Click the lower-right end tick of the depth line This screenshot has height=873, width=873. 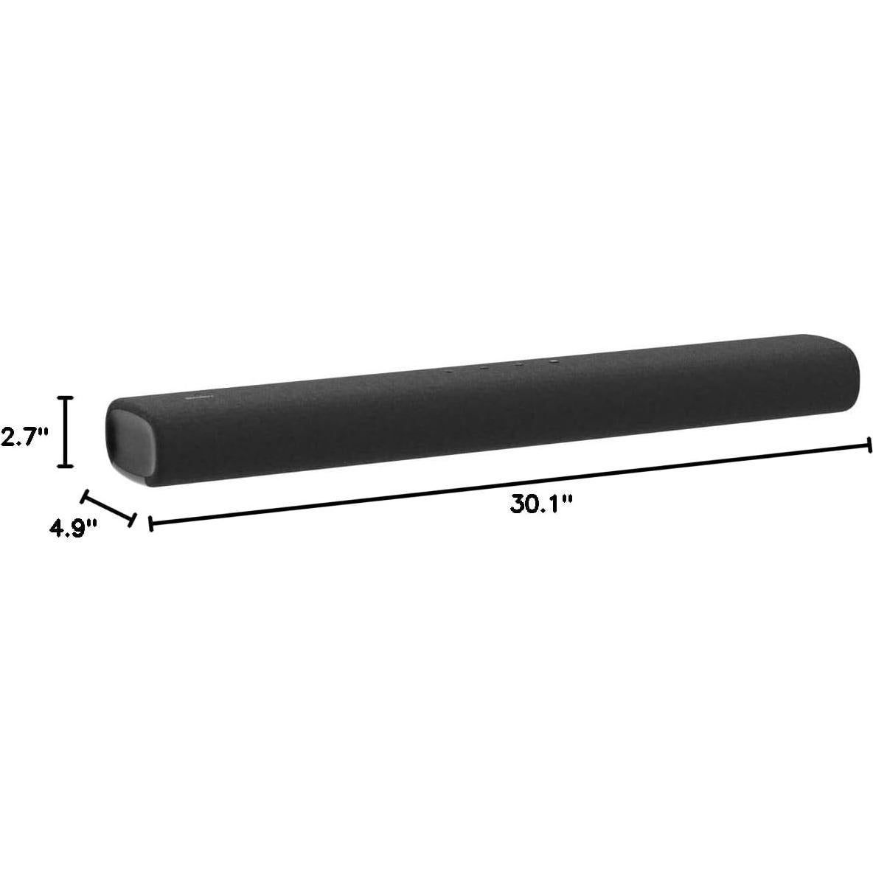point(133,520)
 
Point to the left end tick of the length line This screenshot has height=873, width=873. point(150,524)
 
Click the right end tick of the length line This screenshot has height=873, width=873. point(870,445)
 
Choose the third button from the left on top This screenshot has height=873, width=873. point(518,364)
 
